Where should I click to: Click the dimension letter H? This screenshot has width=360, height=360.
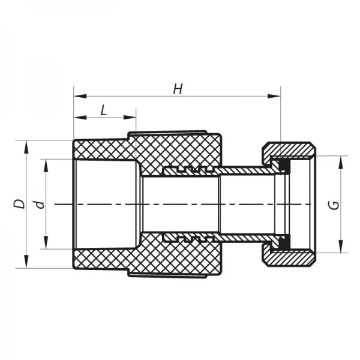(x=178, y=89)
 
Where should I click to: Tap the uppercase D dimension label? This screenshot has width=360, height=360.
(x=20, y=203)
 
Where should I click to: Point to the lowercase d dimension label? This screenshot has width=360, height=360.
(x=40, y=204)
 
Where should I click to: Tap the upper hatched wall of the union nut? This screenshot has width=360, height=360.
(x=291, y=148)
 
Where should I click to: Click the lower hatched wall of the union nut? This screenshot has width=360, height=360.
(x=291, y=260)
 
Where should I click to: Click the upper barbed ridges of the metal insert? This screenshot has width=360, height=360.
(x=189, y=170)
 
